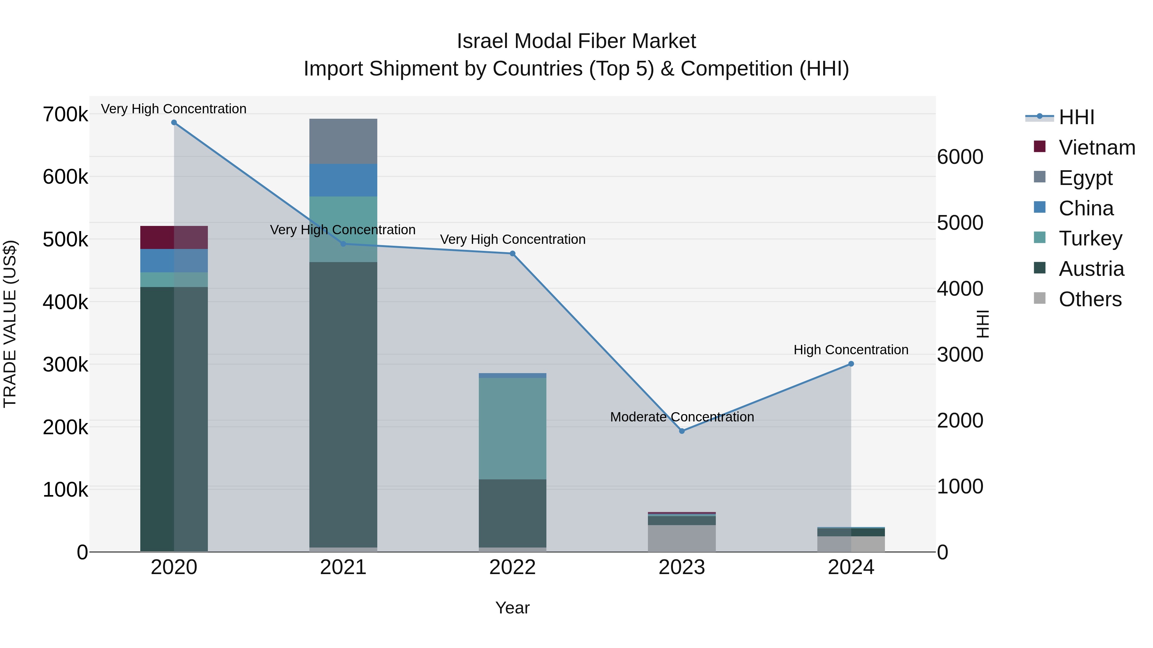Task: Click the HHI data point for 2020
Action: (x=174, y=123)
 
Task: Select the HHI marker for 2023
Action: (x=682, y=431)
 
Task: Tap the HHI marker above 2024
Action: (x=851, y=364)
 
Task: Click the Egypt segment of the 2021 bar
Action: (x=343, y=141)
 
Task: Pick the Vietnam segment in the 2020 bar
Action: (x=174, y=237)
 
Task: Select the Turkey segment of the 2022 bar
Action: (x=512, y=428)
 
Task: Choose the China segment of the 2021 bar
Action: (x=343, y=180)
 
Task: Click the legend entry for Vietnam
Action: (x=1097, y=148)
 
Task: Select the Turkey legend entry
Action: (x=1090, y=238)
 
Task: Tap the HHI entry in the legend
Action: (x=1076, y=117)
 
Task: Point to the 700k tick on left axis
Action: (x=65, y=115)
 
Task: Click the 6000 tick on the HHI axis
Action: (x=960, y=157)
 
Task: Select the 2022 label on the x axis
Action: (x=512, y=567)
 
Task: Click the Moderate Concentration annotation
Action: (x=682, y=417)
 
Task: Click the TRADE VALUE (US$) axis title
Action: (x=10, y=324)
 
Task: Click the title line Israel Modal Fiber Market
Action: (x=576, y=41)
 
